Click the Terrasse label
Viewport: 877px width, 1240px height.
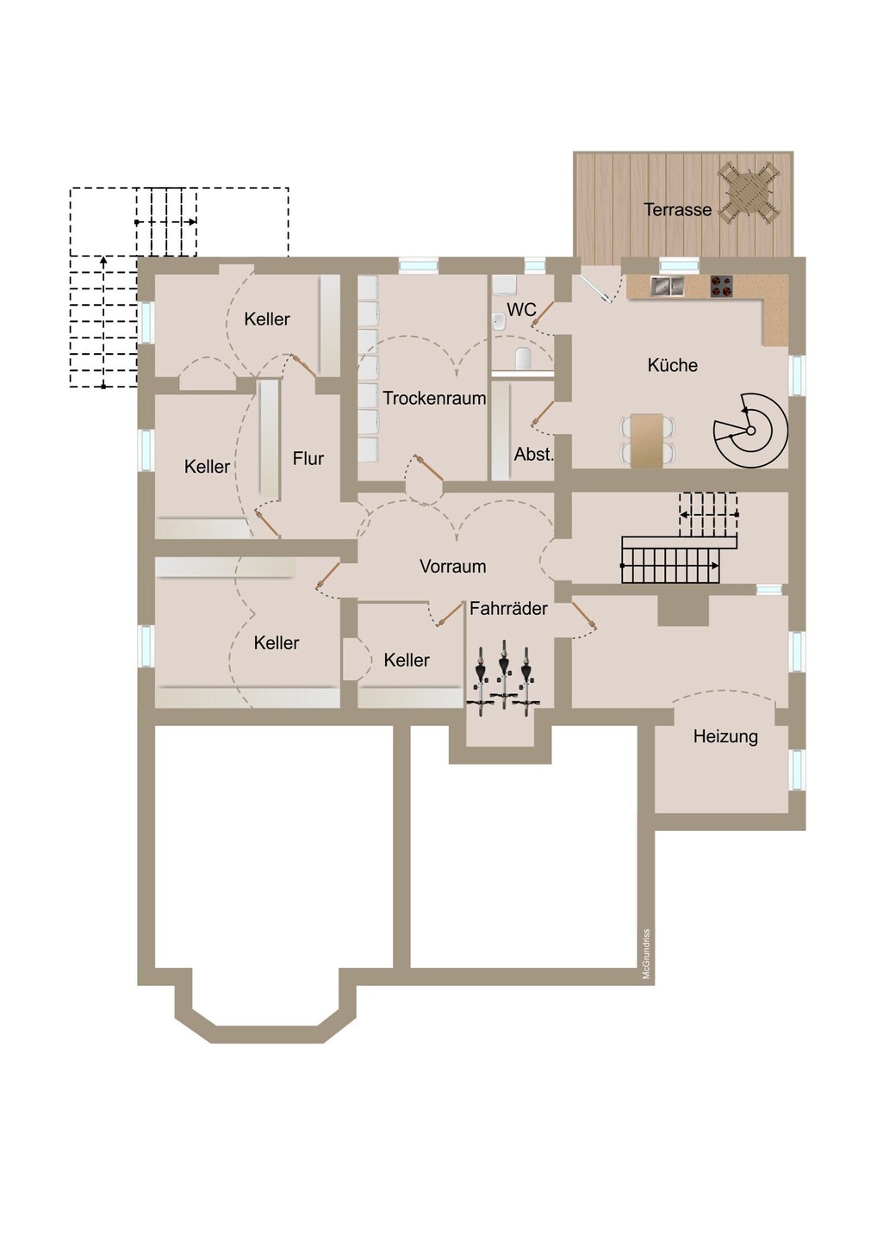(677, 210)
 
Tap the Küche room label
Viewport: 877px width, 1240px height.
(672, 365)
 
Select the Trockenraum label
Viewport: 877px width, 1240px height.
(434, 398)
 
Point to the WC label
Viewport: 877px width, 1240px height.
(521, 310)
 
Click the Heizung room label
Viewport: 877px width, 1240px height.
(725, 736)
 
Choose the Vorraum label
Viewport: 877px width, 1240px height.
(453, 567)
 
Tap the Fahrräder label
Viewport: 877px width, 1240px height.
(508, 608)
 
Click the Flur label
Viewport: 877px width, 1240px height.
(308, 458)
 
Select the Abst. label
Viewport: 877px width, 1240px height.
(534, 455)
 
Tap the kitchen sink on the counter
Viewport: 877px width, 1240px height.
(667, 286)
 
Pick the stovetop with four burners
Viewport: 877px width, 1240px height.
(722, 286)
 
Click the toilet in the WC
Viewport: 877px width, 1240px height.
(523, 358)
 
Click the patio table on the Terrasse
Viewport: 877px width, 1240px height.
(749, 194)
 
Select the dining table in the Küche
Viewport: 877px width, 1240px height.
(647, 440)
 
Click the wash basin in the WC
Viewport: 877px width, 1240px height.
(500, 320)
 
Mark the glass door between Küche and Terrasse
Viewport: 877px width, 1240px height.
(594, 288)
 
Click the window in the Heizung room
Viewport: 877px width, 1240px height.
(796, 770)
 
